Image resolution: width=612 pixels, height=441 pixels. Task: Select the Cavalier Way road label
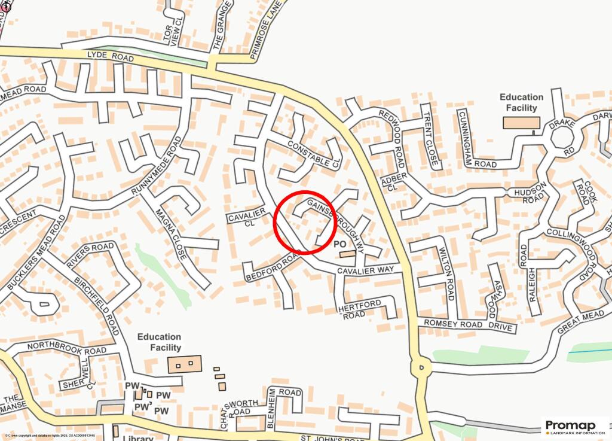(365, 270)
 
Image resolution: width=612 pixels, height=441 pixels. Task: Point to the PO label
(339, 244)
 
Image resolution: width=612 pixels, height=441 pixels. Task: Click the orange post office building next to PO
(347, 254)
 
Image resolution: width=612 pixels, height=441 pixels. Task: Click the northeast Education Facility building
(521, 123)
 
